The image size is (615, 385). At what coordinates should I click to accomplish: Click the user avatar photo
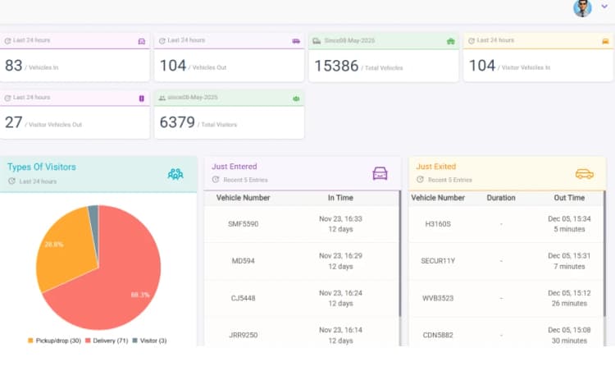point(582,8)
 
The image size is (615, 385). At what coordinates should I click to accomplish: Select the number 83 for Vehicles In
point(14,66)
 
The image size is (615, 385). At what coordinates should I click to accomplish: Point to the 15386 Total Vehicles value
point(336,66)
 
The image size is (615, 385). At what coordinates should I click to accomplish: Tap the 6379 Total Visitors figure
point(177,123)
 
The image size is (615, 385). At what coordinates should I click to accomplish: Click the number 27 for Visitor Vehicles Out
point(14,123)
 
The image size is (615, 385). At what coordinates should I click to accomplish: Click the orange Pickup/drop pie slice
point(61,246)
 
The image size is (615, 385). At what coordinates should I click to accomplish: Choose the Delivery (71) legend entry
point(106,341)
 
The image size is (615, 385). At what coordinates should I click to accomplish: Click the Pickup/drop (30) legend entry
point(54,341)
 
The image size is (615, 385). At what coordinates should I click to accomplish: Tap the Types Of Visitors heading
point(42,167)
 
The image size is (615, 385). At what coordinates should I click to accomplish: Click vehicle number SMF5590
point(243,223)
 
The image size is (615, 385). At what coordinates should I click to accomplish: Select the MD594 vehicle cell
point(243,261)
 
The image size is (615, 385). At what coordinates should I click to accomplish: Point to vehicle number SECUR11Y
point(437,261)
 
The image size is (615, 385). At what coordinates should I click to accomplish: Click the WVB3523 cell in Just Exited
point(437,299)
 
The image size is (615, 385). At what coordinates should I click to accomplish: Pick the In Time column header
point(340,198)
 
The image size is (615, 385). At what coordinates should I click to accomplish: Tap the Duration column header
point(501,198)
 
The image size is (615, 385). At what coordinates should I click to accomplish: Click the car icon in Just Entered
point(380,173)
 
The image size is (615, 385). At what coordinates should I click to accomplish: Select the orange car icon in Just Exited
point(584,173)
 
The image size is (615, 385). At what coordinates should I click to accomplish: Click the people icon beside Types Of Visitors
point(175,173)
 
